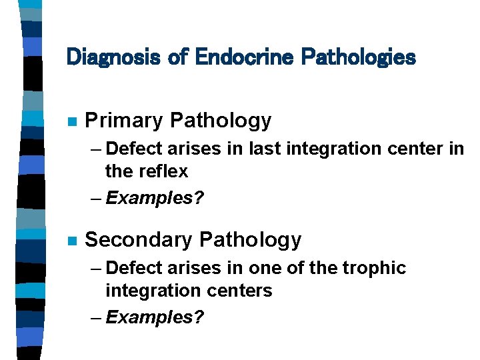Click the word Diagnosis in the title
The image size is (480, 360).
(114, 57)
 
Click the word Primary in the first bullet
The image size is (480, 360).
(125, 121)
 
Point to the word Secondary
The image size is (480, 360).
(139, 239)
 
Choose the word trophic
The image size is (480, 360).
(374, 268)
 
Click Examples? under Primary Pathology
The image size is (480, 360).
(154, 198)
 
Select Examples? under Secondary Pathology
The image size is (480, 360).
(154, 317)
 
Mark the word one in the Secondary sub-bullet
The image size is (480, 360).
(264, 268)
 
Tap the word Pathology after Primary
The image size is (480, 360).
(221, 121)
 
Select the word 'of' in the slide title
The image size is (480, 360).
(178, 57)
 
